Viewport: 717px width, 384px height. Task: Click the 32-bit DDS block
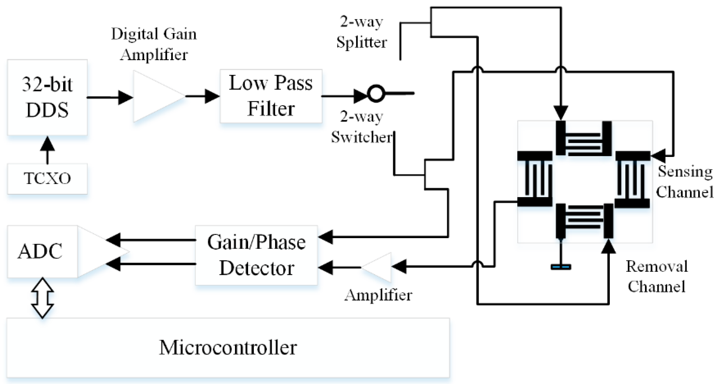tap(47, 97)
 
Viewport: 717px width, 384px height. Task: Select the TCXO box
tap(47, 179)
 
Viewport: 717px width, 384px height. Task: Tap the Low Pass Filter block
tap(271, 96)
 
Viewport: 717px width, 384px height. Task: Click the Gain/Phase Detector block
tap(256, 255)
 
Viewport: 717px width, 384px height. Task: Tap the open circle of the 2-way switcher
tap(376, 94)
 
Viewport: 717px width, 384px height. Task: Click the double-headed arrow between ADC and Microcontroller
tap(42, 298)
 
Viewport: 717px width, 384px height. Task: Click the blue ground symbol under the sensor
tap(561, 267)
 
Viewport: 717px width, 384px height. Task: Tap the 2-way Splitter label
tap(361, 32)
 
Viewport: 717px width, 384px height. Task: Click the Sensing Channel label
tap(685, 181)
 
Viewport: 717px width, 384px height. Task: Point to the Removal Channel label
tap(657, 276)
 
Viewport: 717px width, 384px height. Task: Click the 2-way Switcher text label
tap(361, 127)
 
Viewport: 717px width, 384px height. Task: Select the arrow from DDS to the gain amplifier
tap(110, 97)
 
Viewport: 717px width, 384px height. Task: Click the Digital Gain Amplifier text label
tap(154, 44)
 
